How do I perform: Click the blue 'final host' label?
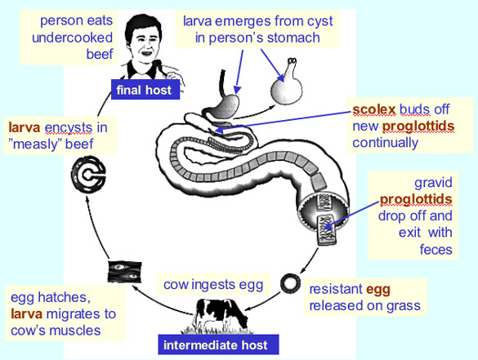coord(145,90)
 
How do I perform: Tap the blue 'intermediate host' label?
coord(218,344)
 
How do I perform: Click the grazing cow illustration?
coord(221,316)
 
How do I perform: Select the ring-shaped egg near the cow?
coord(290,283)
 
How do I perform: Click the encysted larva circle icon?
coord(88,175)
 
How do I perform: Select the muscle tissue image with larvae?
coord(125,272)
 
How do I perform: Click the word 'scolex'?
coord(373,109)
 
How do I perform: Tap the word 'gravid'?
coord(433,183)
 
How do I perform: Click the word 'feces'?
coord(436,250)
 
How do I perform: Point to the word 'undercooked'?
coord(72,38)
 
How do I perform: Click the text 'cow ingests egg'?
coord(213,285)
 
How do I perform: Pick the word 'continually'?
coord(386,143)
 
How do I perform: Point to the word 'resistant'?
coord(336,289)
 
